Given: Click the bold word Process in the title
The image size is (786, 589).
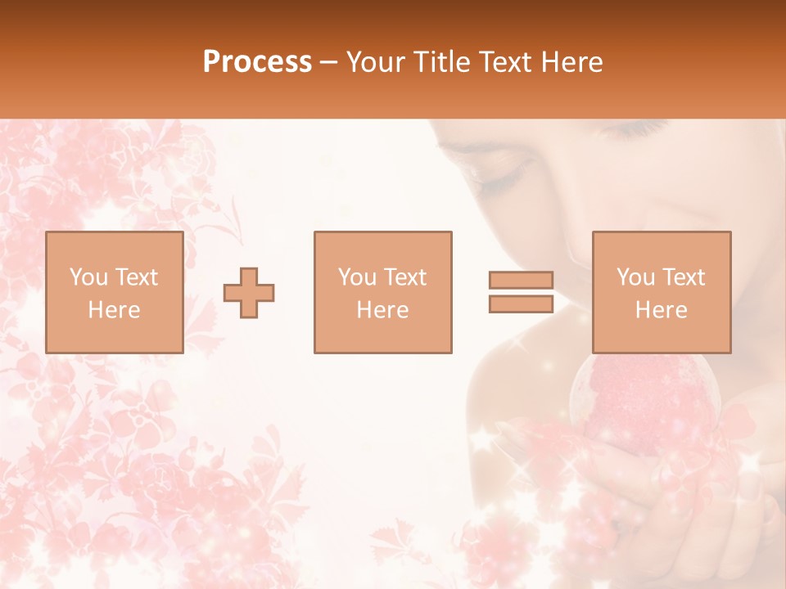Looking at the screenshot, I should [x=257, y=62].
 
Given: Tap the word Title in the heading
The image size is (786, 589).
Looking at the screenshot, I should [x=440, y=62].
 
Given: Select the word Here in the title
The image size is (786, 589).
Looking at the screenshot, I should [x=568, y=62].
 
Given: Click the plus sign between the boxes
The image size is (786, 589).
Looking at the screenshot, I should [x=249, y=293].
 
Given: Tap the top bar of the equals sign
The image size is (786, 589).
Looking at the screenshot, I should [x=521, y=280].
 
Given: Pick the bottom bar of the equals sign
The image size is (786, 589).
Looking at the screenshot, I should [x=521, y=304].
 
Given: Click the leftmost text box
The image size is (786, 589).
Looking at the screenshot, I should [x=114, y=292].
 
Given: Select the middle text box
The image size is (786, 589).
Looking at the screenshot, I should [x=382, y=292].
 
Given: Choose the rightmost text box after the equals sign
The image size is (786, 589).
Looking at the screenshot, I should [x=661, y=292].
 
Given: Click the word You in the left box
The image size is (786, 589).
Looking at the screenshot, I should [x=88, y=277].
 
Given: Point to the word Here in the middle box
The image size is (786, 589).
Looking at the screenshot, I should [x=382, y=310].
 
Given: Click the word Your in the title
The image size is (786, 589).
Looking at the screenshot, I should [x=377, y=62].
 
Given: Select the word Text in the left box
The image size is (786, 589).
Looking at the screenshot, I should [x=137, y=277].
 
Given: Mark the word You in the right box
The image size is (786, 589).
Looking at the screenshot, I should [x=635, y=277].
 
